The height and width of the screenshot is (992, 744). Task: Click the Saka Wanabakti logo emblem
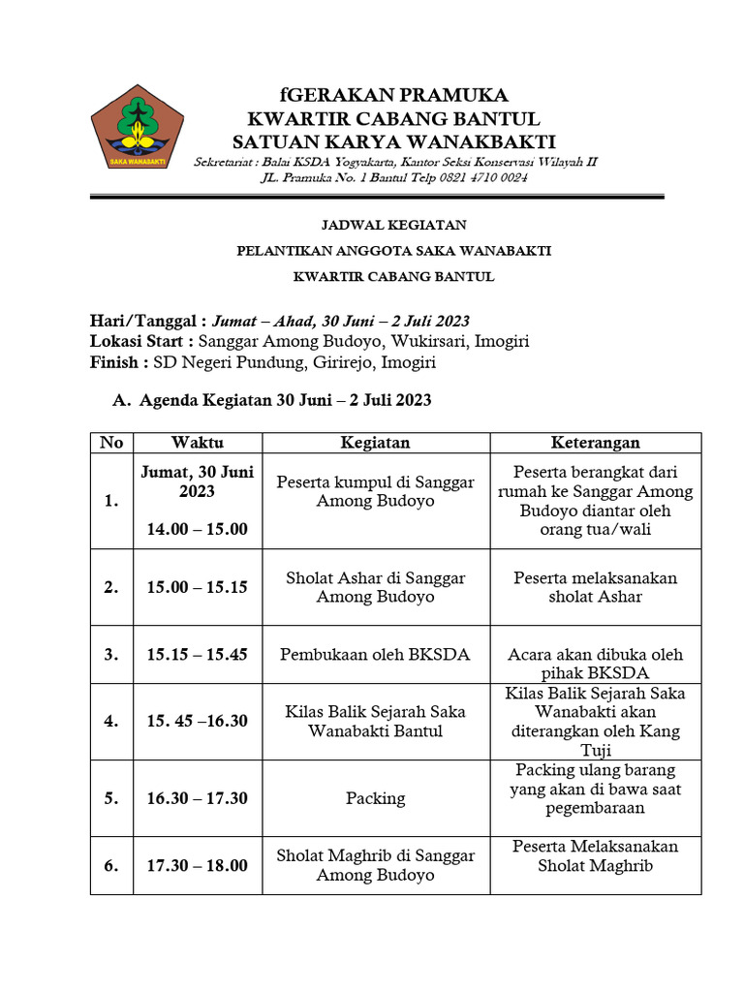click(x=137, y=126)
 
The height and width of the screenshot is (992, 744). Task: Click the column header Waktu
click(x=198, y=443)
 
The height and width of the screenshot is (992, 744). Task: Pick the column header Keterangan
click(x=595, y=443)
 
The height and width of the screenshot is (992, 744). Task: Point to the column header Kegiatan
click(x=375, y=443)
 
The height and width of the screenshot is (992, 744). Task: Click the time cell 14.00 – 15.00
click(x=198, y=529)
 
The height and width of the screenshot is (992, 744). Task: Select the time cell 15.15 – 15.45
click(x=198, y=655)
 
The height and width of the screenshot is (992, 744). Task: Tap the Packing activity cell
click(x=375, y=798)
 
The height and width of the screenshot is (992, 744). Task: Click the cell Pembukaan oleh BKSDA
click(x=375, y=655)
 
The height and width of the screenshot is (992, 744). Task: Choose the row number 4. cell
click(x=111, y=722)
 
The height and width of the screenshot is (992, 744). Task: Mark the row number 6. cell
click(x=111, y=866)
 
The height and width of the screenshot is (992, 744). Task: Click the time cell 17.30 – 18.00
click(x=198, y=866)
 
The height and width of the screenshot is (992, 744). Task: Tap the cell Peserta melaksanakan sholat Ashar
click(x=595, y=587)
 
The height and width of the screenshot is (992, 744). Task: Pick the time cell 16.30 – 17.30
click(x=198, y=798)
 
